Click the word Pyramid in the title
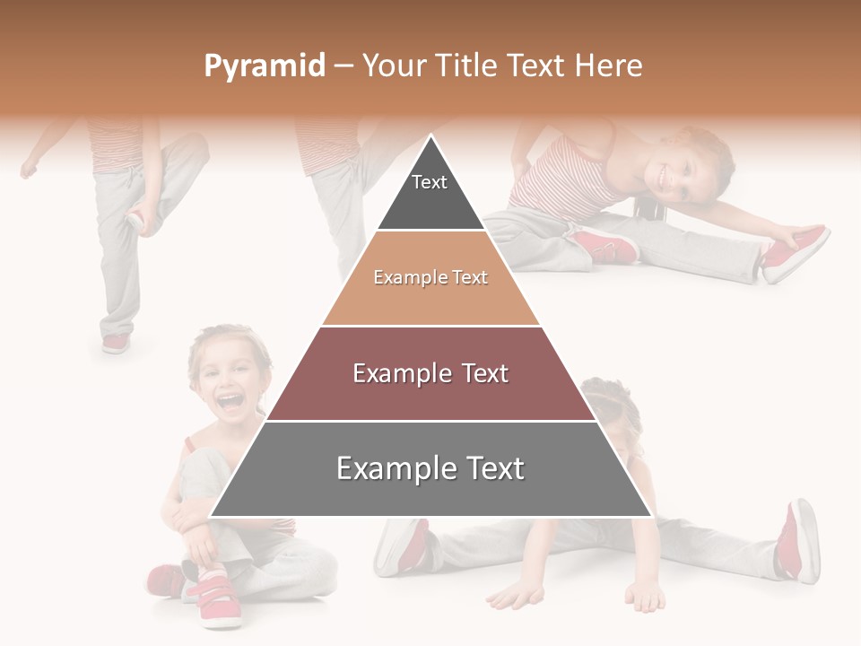(x=264, y=66)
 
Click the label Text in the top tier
(x=430, y=182)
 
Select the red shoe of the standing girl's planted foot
(x=116, y=344)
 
